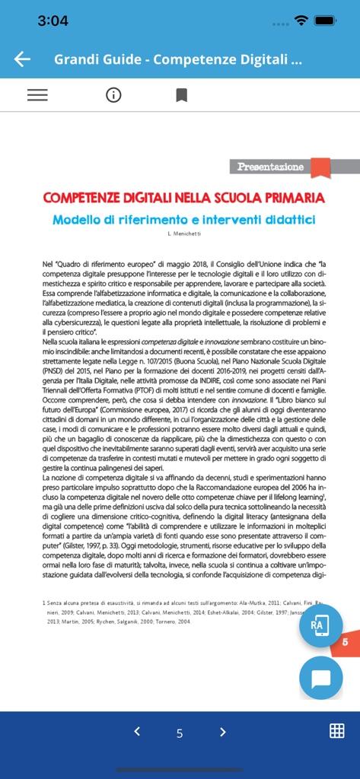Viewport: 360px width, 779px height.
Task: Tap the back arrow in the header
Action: pyautogui.click(x=22, y=59)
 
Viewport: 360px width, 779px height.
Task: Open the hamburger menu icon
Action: pyautogui.click(x=37, y=95)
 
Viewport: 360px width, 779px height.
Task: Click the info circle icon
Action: pyautogui.click(x=113, y=95)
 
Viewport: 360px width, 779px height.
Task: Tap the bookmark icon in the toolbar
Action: pyautogui.click(x=181, y=95)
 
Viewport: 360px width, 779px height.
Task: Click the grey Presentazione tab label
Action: pyautogui.click(x=271, y=167)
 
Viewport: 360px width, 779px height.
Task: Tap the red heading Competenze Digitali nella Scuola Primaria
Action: pyautogui.click(x=183, y=198)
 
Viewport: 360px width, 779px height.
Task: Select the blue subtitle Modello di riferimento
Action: pyautogui.click(x=183, y=220)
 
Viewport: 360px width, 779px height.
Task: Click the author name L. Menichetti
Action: pyautogui.click(x=184, y=233)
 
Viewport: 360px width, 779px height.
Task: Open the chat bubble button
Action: pyautogui.click(x=320, y=678)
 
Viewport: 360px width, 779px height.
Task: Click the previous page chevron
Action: pyautogui.click(x=137, y=732)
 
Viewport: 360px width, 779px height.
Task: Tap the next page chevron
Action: pyautogui.click(x=222, y=732)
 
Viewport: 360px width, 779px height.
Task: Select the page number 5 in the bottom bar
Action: pyautogui.click(x=180, y=733)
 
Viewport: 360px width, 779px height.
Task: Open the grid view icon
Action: pyautogui.click(x=336, y=731)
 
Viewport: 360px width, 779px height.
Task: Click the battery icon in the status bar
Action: pyautogui.click(x=326, y=21)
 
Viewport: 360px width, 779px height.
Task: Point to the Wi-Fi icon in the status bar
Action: pyautogui.click(x=301, y=21)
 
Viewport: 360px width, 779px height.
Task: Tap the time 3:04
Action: pyautogui.click(x=53, y=21)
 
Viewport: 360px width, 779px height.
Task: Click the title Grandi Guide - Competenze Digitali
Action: pyautogui.click(x=178, y=59)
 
